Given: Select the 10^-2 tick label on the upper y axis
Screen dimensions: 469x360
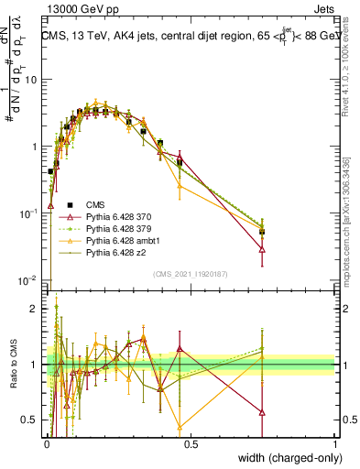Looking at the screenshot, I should [29, 280].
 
